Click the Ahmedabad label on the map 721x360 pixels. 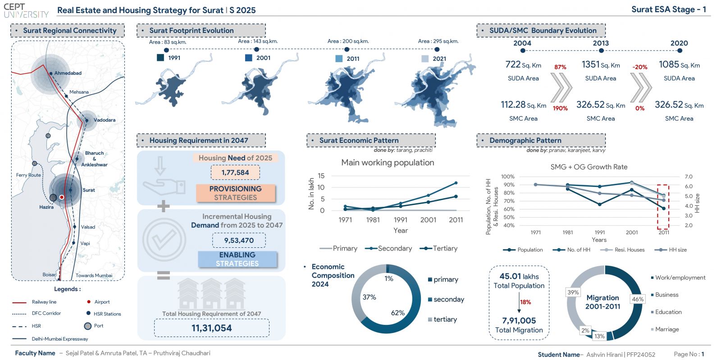point(68,73)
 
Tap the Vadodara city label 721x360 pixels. point(105,120)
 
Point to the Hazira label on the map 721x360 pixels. point(46,207)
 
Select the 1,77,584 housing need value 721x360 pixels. point(235,173)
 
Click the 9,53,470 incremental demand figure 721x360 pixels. point(239,240)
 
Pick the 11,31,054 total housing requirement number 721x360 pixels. point(211,328)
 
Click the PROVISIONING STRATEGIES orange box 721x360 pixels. point(236,193)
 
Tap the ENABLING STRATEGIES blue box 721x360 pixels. point(237,259)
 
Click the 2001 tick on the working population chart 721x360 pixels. point(428,220)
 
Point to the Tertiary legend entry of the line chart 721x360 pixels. point(439,248)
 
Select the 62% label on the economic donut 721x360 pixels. point(398,313)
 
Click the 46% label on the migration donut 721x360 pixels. point(638,299)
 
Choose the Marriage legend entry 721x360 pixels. point(665,329)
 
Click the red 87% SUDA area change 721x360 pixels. point(560,67)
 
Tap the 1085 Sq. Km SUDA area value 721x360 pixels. point(679,65)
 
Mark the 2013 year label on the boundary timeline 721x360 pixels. point(601,43)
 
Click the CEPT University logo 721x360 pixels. point(26,10)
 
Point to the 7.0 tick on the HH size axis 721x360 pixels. point(689,177)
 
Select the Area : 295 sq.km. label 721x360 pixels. point(438,41)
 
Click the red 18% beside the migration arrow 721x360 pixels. point(525,302)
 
